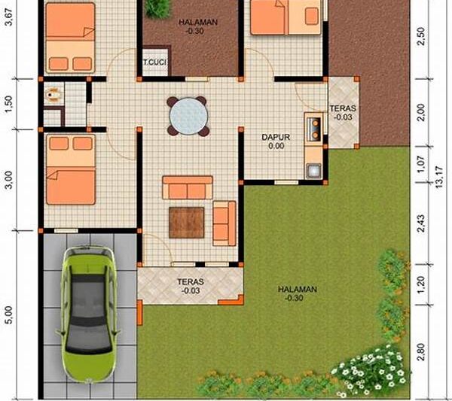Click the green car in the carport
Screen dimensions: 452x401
[88, 314]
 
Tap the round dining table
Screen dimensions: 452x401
[188, 117]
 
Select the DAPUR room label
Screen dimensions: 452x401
[276, 137]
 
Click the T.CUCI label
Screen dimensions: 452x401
[155, 62]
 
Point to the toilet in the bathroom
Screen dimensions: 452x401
[53, 95]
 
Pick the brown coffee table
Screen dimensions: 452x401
[187, 223]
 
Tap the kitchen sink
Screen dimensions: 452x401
[313, 170]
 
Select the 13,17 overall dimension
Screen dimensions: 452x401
[439, 178]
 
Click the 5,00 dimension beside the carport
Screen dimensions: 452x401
[8, 315]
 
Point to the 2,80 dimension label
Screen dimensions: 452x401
[421, 352]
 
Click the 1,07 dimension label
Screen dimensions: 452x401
[421, 164]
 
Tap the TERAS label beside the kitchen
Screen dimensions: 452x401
[343, 108]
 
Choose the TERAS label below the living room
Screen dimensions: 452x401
[191, 281]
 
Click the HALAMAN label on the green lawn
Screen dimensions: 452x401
[298, 289]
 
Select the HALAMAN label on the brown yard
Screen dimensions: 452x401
[198, 22]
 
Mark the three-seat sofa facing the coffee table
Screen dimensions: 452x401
[188, 187]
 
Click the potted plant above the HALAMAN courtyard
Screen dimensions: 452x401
[157, 8]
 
